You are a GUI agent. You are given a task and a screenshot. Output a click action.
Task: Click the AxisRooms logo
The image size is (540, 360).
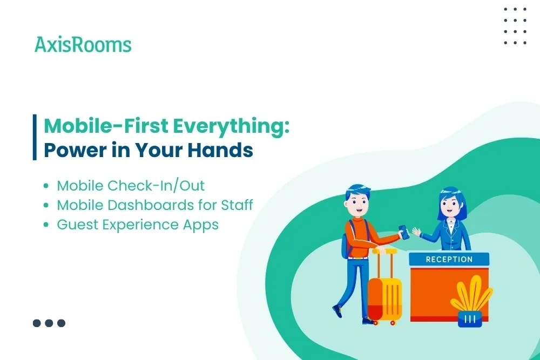[83, 45]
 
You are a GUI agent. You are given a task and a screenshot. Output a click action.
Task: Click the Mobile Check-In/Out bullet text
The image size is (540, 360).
[131, 186]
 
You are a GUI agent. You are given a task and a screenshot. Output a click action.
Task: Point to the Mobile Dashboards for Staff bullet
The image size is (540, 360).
[155, 205]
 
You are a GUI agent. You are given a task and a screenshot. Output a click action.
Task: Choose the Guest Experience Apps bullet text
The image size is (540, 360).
[138, 225]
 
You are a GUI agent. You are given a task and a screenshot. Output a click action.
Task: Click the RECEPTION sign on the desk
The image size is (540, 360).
[449, 260]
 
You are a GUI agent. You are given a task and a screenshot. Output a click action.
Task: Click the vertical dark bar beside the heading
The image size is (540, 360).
[35, 137]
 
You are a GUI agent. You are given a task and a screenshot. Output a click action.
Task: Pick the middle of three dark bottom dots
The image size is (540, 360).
[49, 323]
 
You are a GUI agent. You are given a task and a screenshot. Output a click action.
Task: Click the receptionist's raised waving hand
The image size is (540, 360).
[416, 232]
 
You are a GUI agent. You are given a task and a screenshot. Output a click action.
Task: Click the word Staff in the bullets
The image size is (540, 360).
[237, 205]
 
